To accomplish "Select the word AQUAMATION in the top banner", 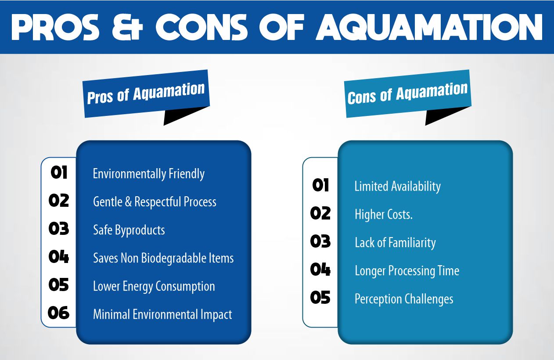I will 428,27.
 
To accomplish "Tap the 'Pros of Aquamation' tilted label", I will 146,94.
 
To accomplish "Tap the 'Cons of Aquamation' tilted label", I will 408,94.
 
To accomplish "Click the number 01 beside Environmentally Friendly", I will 59,173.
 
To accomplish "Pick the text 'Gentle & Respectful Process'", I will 155,202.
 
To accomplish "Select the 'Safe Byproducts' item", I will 129,230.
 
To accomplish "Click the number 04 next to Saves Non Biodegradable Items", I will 59,257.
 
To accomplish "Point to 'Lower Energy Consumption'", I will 154,286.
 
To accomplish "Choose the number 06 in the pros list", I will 59,313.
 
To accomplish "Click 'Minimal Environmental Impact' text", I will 162,314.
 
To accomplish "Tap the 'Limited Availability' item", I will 397,186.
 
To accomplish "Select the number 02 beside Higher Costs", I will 320,213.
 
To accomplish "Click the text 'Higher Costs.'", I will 383,214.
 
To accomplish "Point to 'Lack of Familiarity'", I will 395,242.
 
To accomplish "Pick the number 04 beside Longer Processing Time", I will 320,270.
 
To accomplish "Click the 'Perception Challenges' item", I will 403,299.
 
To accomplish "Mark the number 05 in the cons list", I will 320,298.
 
